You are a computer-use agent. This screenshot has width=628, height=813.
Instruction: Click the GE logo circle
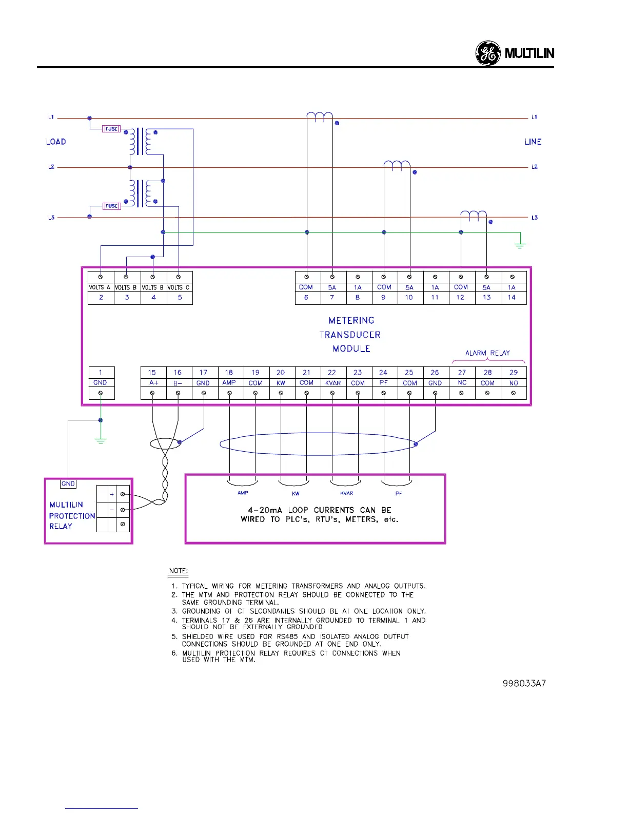click(x=487, y=53)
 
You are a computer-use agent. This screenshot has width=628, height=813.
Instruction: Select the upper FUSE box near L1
click(x=111, y=129)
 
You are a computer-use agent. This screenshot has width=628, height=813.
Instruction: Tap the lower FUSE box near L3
click(x=112, y=206)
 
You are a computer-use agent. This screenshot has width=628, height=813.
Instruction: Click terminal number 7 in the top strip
click(x=332, y=297)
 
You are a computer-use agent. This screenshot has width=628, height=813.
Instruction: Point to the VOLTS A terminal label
click(x=100, y=287)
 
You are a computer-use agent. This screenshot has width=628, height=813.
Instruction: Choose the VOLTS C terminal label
click(x=179, y=287)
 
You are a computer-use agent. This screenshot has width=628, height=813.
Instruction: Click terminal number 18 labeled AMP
click(x=229, y=373)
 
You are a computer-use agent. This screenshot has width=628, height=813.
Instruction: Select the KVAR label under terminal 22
click(x=333, y=383)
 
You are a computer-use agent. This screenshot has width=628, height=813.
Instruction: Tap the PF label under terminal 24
click(x=383, y=382)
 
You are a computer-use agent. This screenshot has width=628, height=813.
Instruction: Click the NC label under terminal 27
click(x=462, y=383)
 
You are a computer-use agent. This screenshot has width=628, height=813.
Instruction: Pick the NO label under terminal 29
click(x=514, y=383)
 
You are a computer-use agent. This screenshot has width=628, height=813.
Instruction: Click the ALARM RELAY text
click(x=487, y=353)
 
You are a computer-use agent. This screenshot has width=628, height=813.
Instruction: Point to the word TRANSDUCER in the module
click(x=350, y=335)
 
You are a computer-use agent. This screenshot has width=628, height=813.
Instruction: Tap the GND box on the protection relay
click(x=68, y=483)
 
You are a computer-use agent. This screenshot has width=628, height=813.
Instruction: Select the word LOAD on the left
click(x=56, y=142)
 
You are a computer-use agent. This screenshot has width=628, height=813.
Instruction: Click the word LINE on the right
click(x=533, y=142)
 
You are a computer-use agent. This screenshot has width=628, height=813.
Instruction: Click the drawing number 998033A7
click(x=524, y=684)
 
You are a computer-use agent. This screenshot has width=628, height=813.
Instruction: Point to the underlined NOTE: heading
click(x=178, y=571)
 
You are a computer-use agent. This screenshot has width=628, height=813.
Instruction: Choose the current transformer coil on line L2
click(x=397, y=165)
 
